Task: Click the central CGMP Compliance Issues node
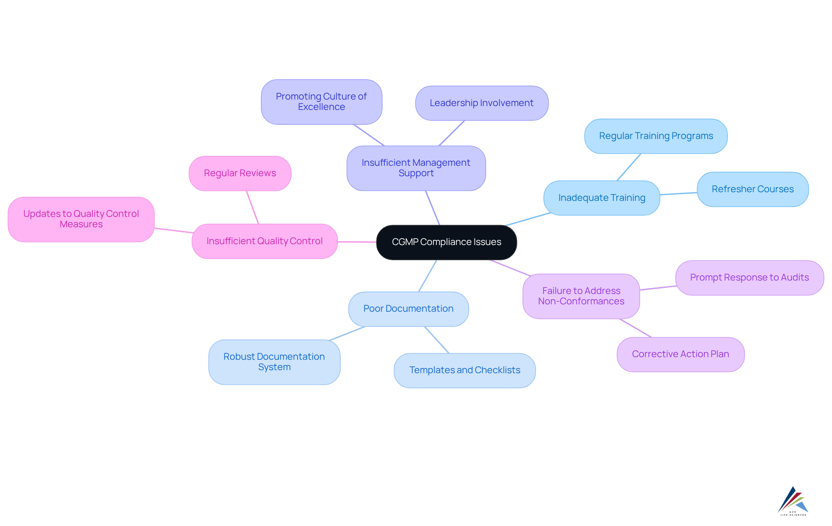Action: click(x=446, y=242)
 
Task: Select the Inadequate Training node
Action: click(x=601, y=198)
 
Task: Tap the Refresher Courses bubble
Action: click(x=752, y=189)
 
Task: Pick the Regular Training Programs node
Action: click(x=656, y=136)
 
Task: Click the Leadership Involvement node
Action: click(x=481, y=103)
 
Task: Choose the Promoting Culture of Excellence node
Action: click(x=321, y=102)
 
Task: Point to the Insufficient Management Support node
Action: click(x=416, y=168)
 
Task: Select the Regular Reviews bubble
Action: click(x=240, y=173)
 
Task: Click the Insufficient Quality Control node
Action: click(x=264, y=241)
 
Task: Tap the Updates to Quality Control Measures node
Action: click(x=81, y=219)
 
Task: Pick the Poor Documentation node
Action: click(x=408, y=309)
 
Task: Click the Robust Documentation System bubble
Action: click(x=274, y=362)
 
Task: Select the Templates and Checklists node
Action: click(x=465, y=370)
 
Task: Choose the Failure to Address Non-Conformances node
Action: click(x=581, y=296)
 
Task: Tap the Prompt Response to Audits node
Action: click(x=749, y=278)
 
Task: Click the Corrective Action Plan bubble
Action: click(x=680, y=354)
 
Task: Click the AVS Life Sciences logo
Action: click(x=793, y=501)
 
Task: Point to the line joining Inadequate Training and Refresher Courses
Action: click(x=679, y=194)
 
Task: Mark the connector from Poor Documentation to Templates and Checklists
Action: click(x=437, y=340)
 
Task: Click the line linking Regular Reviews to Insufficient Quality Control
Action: click(x=253, y=207)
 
